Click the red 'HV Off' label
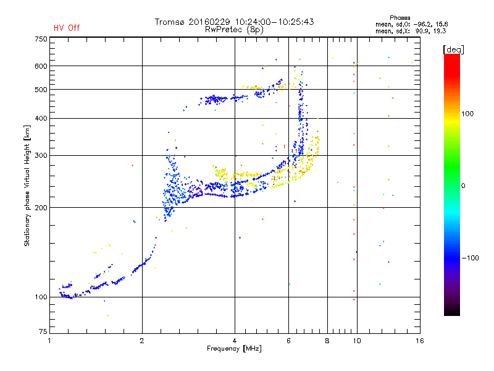(x=67, y=28)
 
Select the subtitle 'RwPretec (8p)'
(x=234, y=30)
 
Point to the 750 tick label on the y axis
(x=41, y=39)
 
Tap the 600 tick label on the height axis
(x=41, y=66)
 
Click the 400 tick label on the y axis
(x=41, y=118)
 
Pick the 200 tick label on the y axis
(x=41, y=208)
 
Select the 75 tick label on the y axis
(x=43, y=331)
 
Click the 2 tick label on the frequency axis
(x=142, y=341)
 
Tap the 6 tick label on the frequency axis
(x=288, y=341)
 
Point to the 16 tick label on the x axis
(x=420, y=341)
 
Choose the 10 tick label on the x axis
(x=357, y=341)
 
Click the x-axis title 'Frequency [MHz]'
(x=234, y=349)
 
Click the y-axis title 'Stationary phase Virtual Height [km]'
(x=27, y=185)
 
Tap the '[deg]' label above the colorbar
(x=453, y=49)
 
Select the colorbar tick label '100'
(x=467, y=114)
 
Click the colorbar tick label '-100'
(x=470, y=258)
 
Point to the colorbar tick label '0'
(x=463, y=186)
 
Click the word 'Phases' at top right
(x=400, y=18)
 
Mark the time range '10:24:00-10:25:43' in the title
(x=274, y=22)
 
